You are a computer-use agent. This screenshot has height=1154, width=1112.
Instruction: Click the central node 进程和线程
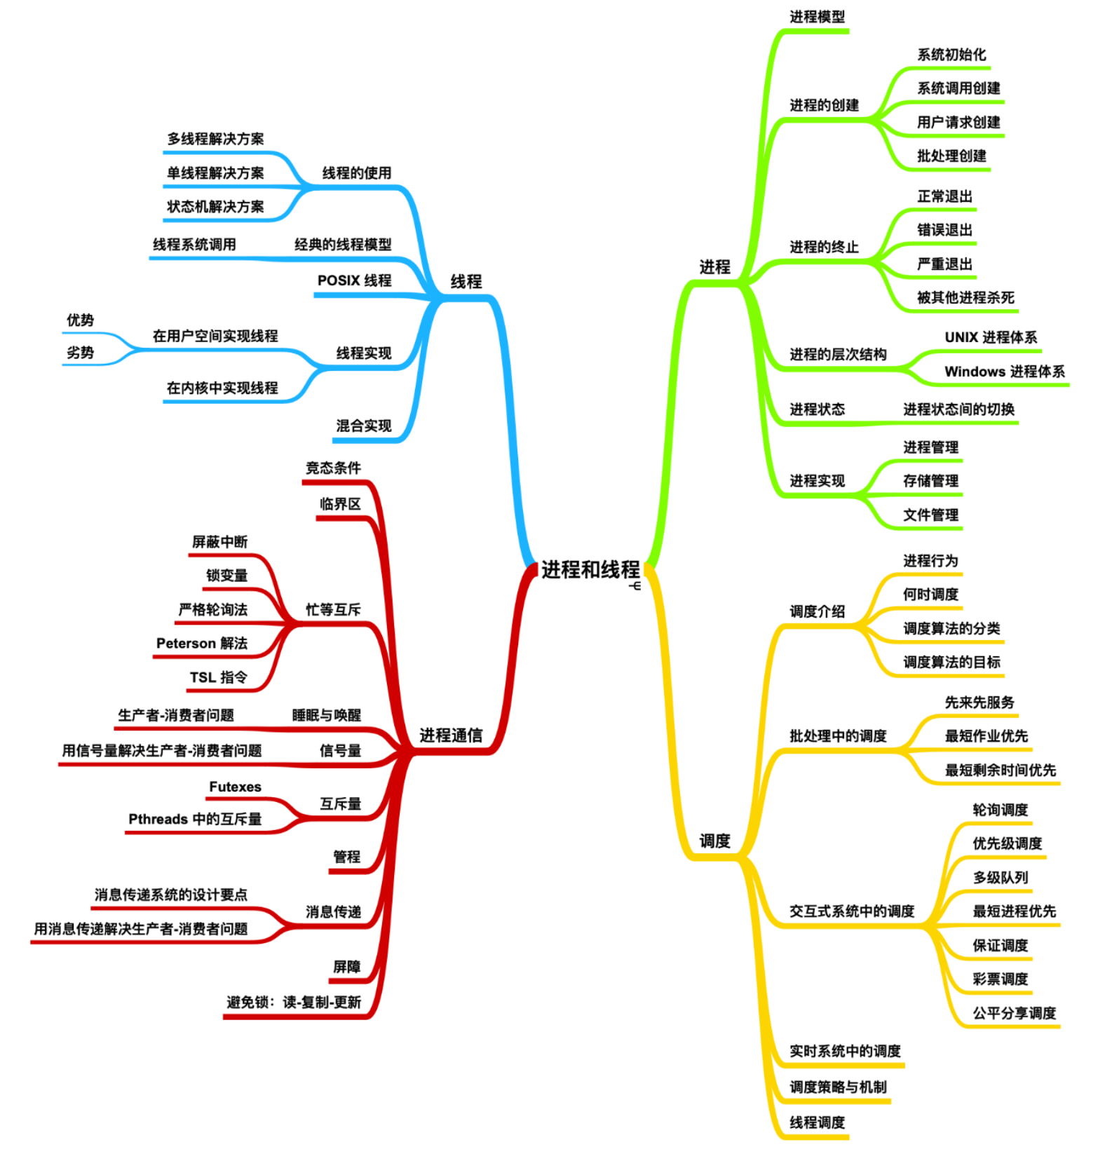coord(590,570)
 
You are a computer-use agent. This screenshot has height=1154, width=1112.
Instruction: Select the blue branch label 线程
coord(466,282)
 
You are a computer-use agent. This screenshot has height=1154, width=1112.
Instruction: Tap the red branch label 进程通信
coord(451,735)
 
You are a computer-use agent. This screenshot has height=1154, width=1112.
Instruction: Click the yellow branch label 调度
coord(714,841)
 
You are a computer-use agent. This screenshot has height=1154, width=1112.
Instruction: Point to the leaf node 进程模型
coord(817,17)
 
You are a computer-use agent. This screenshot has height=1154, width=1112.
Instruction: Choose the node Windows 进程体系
coord(1004,372)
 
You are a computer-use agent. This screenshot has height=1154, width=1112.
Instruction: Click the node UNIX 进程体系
coord(990,337)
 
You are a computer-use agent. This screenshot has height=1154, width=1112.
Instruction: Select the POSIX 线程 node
coord(354,280)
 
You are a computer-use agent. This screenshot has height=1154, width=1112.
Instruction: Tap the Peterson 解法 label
coord(202,643)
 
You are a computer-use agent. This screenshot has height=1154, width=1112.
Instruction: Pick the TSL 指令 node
coord(218,677)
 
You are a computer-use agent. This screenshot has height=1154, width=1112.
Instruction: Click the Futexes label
coord(235,787)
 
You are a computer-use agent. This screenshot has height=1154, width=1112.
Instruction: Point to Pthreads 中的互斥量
coord(195,819)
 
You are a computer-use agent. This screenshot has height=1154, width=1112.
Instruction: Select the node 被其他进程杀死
coord(965,297)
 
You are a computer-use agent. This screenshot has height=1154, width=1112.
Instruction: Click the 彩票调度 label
coord(1000,979)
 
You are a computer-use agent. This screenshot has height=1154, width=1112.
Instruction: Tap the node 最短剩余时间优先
coord(1000,770)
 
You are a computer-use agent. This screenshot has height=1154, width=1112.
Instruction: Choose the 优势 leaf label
coord(80,320)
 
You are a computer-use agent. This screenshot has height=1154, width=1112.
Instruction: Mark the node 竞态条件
coord(333,468)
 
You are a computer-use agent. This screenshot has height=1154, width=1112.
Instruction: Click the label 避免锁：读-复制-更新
coord(294,1002)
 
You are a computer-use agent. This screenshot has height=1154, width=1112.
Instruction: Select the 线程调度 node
coord(817,1122)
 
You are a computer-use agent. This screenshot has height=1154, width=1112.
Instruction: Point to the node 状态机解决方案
coord(215,206)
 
